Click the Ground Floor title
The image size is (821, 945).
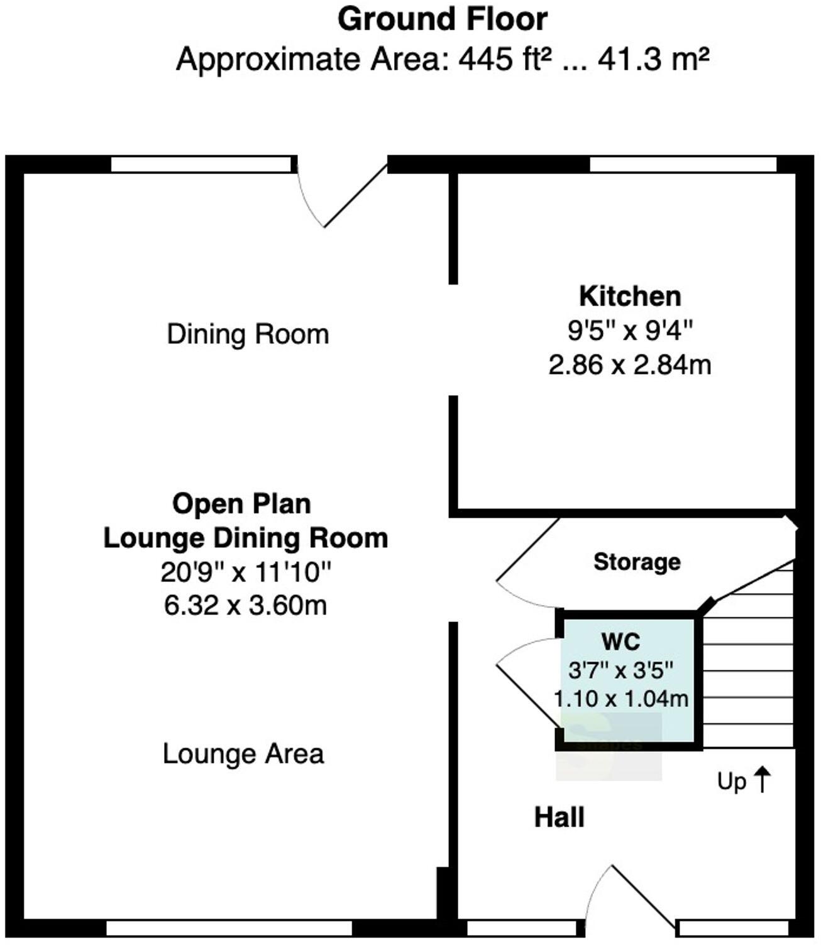point(442,19)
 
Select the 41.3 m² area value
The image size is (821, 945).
point(653,60)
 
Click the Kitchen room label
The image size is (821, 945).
point(630,296)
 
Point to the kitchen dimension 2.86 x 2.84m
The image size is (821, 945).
point(630,364)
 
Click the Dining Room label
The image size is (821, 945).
point(248,334)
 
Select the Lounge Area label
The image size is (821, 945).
point(243,754)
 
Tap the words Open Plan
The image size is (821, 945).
point(242,504)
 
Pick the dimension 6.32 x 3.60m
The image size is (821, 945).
point(245,606)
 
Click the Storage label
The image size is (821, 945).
point(637,562)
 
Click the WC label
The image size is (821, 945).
point(620,642)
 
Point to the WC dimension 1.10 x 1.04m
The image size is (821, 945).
point(620,698)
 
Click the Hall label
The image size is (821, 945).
point(559,818)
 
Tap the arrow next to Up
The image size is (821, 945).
point(762,780)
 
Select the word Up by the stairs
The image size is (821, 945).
point(732,782)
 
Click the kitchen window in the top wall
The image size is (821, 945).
point(683,165)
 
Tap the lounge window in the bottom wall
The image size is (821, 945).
point(229,928)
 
